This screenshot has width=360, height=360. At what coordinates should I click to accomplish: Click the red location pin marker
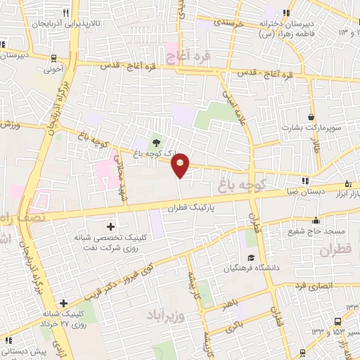pos(181,165)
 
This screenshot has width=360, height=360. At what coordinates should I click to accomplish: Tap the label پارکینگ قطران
pos(191,208)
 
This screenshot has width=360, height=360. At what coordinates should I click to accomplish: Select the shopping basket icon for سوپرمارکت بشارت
pos(311,116)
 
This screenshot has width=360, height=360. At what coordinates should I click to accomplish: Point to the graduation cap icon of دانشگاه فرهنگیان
pos(251,257)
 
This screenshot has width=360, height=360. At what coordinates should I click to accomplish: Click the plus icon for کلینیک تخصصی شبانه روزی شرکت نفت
pos(110,226)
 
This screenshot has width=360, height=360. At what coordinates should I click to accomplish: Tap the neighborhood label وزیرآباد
pos(166,314)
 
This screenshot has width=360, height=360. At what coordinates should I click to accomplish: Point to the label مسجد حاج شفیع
pos(316,231)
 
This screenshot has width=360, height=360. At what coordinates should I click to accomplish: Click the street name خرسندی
pos(229,22)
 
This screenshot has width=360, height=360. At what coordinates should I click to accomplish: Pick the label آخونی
pos(53,70)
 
